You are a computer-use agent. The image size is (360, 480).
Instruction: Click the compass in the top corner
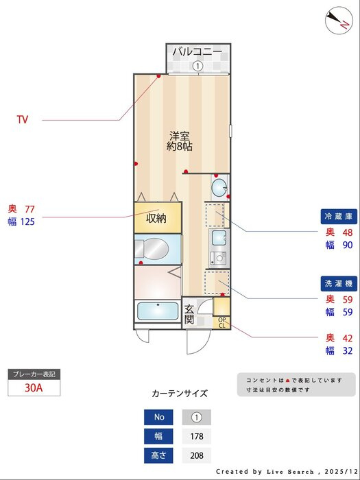click(339, 20)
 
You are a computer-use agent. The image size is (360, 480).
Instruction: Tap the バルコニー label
click(197, 51)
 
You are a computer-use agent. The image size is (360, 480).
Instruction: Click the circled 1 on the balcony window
click(197, 66)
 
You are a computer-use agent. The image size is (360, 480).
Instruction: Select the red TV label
click(23, 119)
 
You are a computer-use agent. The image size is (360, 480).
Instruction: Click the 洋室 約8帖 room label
click(180, 141)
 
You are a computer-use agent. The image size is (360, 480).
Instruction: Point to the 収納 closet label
click(156, 218)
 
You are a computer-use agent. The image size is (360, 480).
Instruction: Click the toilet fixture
click(152, 248)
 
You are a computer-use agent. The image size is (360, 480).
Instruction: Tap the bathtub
click(158, 311)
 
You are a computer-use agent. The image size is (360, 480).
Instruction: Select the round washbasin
click(219, 188)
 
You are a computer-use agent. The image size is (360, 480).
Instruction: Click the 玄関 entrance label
click(189, 314)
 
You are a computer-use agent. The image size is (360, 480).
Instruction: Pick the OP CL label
click(222, 323)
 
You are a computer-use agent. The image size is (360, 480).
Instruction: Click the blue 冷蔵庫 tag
click(339, 217)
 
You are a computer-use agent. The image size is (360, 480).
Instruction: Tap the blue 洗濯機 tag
click(339, 284)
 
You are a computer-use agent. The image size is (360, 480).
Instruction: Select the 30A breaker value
click(34, 388)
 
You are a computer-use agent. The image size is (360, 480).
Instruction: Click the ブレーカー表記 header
click(34, 374)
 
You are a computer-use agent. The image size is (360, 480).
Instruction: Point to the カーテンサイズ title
click(180, 394)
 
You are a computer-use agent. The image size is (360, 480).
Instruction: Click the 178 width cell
click(197, 436)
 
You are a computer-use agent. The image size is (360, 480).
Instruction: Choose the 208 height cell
click(197, 455)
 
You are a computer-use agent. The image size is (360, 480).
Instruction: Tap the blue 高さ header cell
click(158, 455)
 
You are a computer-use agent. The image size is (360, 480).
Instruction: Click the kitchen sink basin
click(219, 237)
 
